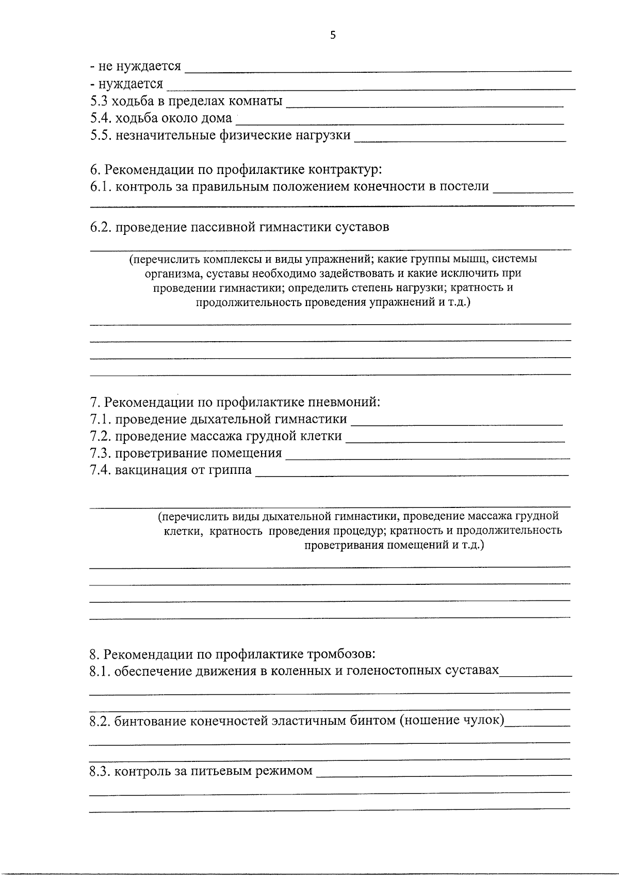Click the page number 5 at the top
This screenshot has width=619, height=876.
coord(333,35)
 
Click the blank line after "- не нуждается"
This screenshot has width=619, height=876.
coord(378,67)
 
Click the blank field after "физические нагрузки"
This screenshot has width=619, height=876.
coord(460,137)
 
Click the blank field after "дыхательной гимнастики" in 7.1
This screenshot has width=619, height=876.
coord(456,420)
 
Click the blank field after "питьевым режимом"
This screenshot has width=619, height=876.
coord(444,772)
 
